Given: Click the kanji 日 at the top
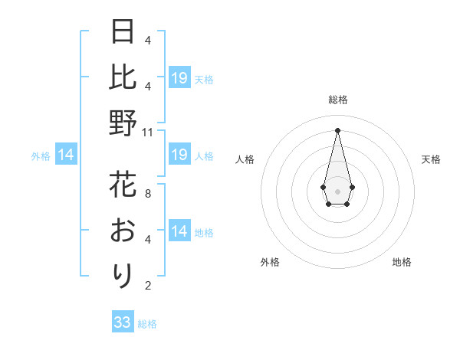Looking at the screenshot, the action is click(123, 32).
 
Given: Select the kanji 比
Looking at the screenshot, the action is click(123, 77).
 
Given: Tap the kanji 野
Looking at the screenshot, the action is click(123, 123).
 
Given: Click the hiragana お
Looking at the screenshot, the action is click(123, 229).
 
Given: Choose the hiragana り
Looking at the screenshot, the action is click(123, 274).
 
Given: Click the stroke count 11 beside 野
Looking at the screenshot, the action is click(149, 133).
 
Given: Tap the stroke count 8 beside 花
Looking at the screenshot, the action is click(147, 194).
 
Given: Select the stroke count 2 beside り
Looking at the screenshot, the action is click(147, 286).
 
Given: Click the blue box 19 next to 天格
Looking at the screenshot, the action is click(179, 77).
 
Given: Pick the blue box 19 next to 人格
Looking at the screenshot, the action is click(179, 155).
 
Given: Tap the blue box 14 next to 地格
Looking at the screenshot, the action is click(179, 232).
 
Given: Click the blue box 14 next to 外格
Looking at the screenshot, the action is click(66, 155).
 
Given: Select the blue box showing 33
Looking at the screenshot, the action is click(123, 322).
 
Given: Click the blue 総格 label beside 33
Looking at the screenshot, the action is click(147, 324).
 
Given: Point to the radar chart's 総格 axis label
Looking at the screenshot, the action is click(338, 100).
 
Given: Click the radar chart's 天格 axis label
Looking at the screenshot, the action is click(431, 159).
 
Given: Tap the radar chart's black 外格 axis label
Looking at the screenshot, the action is click(270, 262).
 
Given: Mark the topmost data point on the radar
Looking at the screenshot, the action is click(337, 129).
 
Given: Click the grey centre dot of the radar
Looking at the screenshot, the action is click(337, 190).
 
